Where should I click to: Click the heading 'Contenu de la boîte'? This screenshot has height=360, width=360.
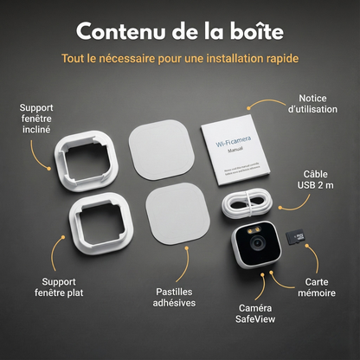pyautogui.click(x=180, y=31)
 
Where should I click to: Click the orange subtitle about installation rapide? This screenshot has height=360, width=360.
pyautogui.click(x=180, y=60)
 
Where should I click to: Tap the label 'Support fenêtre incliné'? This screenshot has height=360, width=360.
pyautogui.click(x=35, y=118)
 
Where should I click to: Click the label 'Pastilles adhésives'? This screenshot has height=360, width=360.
pyautogui.click(x=174, y=296)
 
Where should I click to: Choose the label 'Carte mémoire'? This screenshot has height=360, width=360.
pyautogui.click(x=316, y=288)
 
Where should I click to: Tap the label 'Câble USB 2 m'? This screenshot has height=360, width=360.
pyautogui.click(x=316, y=181)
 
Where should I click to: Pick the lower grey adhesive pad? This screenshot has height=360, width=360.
pyautogui.click(x=177, y=214)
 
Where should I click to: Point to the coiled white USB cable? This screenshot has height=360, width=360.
pyautogui.click(x=247, y=204)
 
